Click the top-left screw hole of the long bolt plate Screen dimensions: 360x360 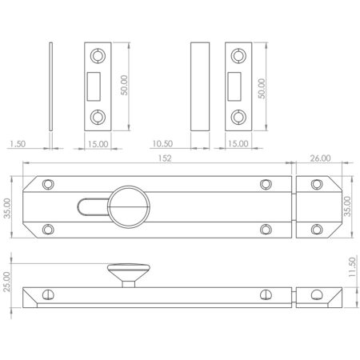pos(48,184)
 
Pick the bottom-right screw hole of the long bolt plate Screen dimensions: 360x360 pos(266,230)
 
